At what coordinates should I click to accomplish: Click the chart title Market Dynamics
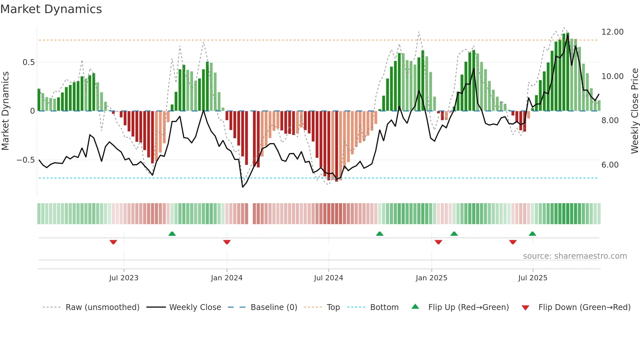coord(51,9)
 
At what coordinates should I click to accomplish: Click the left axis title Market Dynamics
coord(5,111)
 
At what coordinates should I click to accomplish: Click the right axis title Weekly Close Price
coord(634,111)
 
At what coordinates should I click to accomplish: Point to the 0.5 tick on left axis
coord(28,62)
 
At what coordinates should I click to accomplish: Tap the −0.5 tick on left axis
coord(25,160)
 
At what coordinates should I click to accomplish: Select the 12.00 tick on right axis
coord(612,32)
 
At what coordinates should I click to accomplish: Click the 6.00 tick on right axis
coord(610,165)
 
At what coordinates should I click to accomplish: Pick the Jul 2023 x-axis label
coord(124,278)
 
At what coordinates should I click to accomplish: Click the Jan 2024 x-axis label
coord(227,278)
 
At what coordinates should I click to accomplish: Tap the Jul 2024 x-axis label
coord(328,278)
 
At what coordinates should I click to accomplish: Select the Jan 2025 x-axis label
coord(431,278)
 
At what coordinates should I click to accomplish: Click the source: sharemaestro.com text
coord(575,256)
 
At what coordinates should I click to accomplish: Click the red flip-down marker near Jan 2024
coord(227,242)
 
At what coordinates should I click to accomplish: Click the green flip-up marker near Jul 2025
coord(532,234)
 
